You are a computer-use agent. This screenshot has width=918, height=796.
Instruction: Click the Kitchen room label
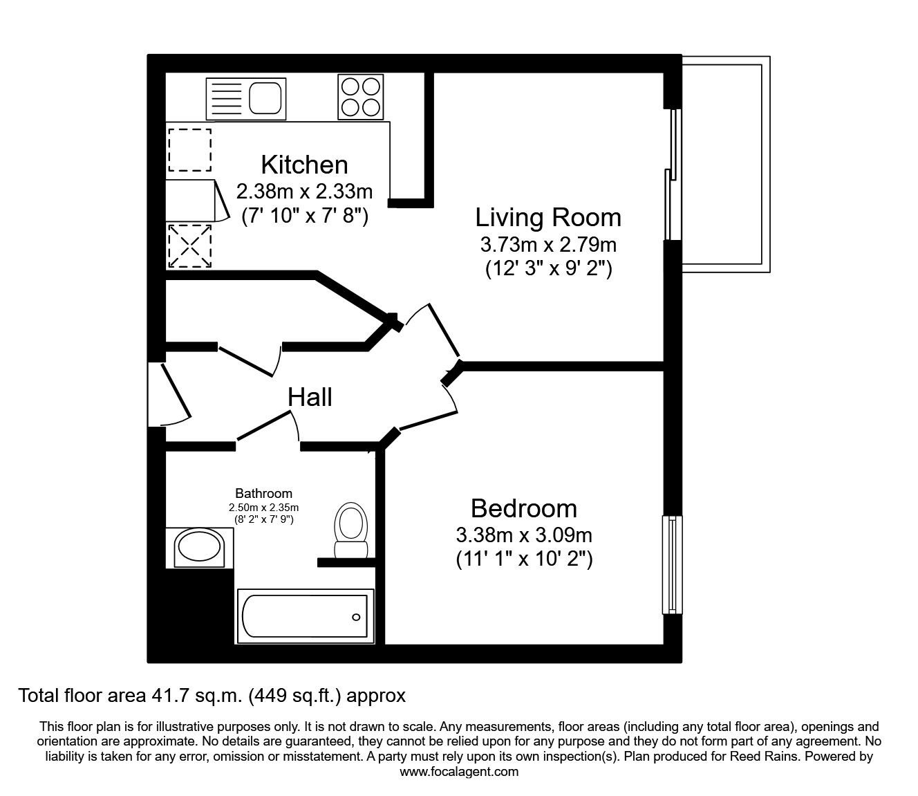[x=304, y=165]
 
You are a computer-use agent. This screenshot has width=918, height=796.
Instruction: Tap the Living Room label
[x=548, y=217]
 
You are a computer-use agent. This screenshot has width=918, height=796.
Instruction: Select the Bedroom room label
[x=523, y=508]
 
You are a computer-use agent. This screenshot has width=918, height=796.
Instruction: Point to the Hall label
[x=310, y=397]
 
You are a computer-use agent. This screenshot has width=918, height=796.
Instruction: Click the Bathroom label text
[x=263, y=493]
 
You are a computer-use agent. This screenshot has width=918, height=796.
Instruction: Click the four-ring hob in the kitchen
[x=361, y=97]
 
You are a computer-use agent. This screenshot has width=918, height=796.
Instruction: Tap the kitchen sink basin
[x=265, y=98]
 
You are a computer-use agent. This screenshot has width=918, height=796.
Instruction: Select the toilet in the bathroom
[x=351, y=530]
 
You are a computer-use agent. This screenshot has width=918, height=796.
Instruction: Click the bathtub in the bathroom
[x=306, y=616]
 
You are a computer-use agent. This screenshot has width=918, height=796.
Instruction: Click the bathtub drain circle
[x=356, y=617]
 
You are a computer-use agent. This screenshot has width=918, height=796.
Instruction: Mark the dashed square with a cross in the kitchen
[x=189, y=246]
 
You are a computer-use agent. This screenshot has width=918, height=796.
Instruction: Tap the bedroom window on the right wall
[x=672, y=564]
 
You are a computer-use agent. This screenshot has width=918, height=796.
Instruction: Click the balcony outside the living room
[x=726, y=164]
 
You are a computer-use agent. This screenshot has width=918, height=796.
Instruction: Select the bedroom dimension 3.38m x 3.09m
[x=524, y=535]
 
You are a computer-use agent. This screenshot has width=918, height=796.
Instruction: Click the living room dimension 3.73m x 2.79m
[x=548, y=244]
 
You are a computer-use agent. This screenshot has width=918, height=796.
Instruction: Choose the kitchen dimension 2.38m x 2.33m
[x=304, y=192]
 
